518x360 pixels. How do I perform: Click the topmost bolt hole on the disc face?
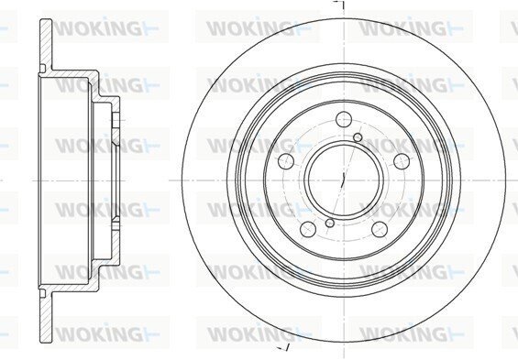[x=343, y=119]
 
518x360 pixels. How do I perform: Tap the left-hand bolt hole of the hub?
[x=286, y=160]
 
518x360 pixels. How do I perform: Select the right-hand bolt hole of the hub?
[x=402, y=160]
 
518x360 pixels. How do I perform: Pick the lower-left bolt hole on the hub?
[x=308, y=229]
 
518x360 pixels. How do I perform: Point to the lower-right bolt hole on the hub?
[x=379, y=229]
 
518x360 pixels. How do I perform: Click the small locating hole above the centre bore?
[x=358, y=137]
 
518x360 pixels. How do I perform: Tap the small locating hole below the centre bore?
[x=330, y=224]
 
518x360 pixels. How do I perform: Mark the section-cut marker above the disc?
[x=339, y=5]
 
